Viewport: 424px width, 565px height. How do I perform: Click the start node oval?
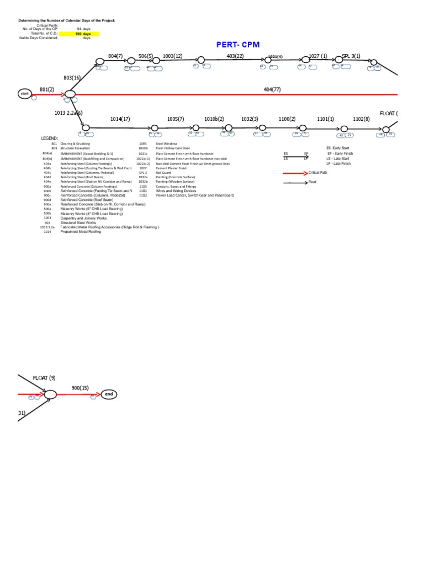coord(24,94)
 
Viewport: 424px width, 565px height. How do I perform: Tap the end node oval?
coord(109,394)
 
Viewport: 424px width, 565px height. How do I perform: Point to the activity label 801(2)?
coord(47,89)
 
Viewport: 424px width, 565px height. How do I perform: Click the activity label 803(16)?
coord(72,78)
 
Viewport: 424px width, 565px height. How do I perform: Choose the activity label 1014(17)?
coord(120,119)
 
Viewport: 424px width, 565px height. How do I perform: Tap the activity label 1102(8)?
coord(362,119)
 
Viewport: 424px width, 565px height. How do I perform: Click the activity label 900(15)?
coord(80,388)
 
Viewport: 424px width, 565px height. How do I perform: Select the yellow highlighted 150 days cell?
coord(79,34)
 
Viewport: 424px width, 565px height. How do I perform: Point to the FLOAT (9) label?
coord(44,378)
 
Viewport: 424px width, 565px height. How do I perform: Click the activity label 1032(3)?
coord(250,119)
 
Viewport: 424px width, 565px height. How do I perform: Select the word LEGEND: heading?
coord(49,138)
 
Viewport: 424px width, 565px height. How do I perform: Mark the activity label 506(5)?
coord(146,56)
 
